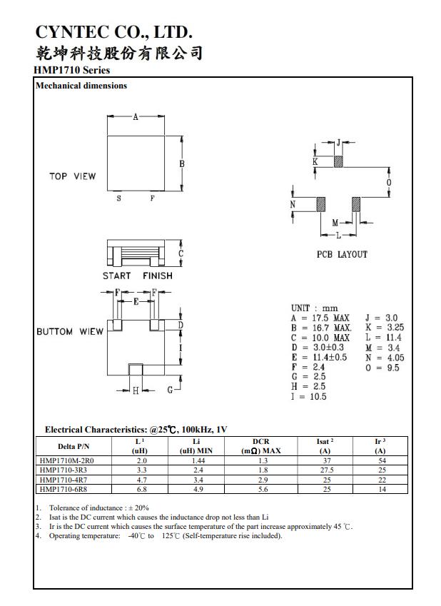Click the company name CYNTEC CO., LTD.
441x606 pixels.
114,32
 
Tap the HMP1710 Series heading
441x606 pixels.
71,70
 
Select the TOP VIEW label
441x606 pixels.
72,176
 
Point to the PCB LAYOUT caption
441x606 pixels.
342,255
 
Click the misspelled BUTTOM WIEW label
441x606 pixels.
70,332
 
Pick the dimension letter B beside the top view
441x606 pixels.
182,163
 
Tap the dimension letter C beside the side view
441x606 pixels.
181,253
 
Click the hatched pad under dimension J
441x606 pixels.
339,161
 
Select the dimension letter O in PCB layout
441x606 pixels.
389,183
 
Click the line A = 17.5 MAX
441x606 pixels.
320,318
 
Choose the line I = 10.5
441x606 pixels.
308,397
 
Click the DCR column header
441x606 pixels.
261,446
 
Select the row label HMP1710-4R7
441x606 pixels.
66,480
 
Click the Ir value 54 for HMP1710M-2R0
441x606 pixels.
381,461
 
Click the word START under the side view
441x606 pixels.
116,276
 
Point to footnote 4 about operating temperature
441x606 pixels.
166,536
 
